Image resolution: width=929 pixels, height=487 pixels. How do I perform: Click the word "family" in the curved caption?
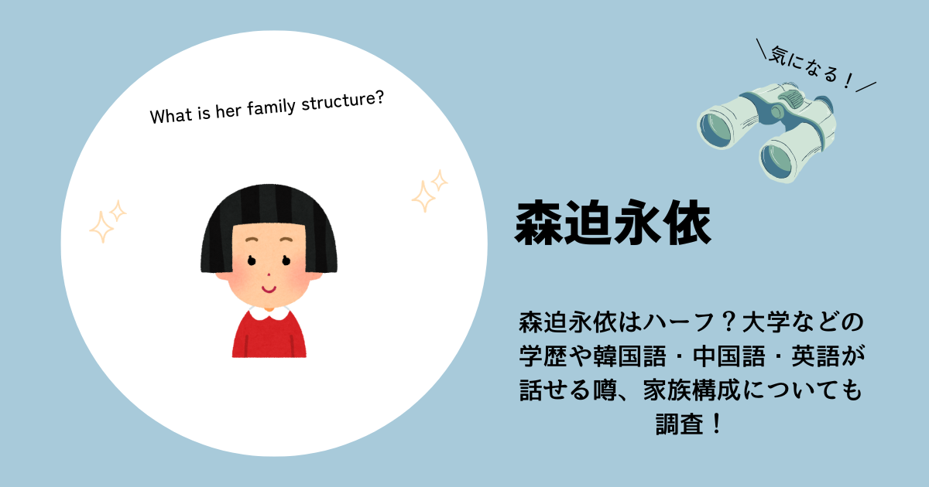pos(271,107)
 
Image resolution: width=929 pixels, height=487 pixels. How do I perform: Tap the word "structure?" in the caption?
pos(342,101)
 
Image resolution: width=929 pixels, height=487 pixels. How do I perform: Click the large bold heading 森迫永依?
pos(613,223)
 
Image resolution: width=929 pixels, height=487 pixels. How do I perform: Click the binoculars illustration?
pos(766,132)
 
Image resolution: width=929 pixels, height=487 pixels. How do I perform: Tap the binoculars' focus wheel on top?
pos(791,99)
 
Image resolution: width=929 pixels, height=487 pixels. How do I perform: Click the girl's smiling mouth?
pos(269,288)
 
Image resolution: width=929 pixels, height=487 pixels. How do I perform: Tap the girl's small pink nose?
pos(269,274)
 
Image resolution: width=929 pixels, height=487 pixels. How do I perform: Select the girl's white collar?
pos(269,312)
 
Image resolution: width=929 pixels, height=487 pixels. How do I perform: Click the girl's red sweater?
pos(269,336)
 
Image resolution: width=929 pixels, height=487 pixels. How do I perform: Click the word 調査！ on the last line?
pos(691,424)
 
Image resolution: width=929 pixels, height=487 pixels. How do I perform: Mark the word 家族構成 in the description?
pos(692,390)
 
